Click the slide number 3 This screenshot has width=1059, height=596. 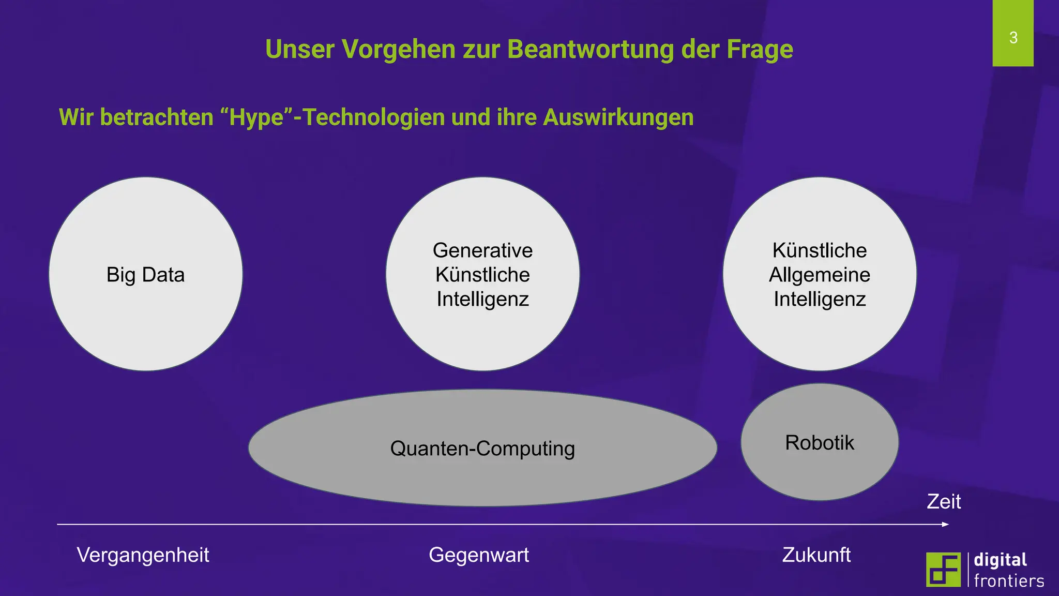tap(1013, 38)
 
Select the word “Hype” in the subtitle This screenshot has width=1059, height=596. tap(256, 117)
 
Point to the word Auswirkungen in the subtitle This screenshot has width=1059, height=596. tap(618, 117)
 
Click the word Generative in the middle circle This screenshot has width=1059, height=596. tap(482, 250)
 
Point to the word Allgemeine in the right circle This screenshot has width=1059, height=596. tap(820, 275)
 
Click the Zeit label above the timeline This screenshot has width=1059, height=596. tap(944, 501)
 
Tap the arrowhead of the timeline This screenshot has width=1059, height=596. tap(945, 525)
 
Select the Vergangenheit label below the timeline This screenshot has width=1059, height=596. tap(143, 555)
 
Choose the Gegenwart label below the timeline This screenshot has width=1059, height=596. tap(479, 555)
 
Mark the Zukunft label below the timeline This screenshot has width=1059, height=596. tap(816, 555)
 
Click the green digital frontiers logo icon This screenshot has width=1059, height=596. tap(943, 569)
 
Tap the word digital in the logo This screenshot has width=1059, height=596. tap(1000, 560)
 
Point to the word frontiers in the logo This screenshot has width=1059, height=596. tap(1009, 580)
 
